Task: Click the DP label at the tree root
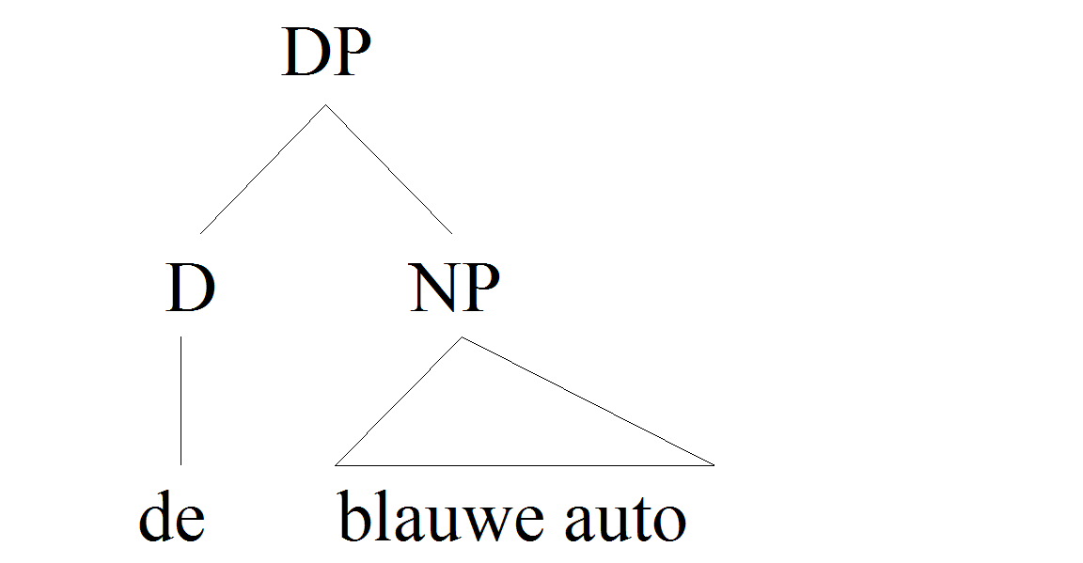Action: [x=326, y=53]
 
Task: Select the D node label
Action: [x=191, y=288]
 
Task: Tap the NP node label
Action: [x=454, y=288]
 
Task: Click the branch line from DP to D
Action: [x=263, y=169]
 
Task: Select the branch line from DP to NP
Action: [x=389, y=169]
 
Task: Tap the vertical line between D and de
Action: [x=180, y=400]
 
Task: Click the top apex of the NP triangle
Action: [x=462, y=337]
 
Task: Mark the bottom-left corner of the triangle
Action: [x=335, y=465]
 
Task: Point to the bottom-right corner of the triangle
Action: [x=714, y=465]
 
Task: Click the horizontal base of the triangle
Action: [x=525, y=465]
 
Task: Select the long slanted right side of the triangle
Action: [x=588, y=401]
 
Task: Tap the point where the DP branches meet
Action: [x=326, y=105]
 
